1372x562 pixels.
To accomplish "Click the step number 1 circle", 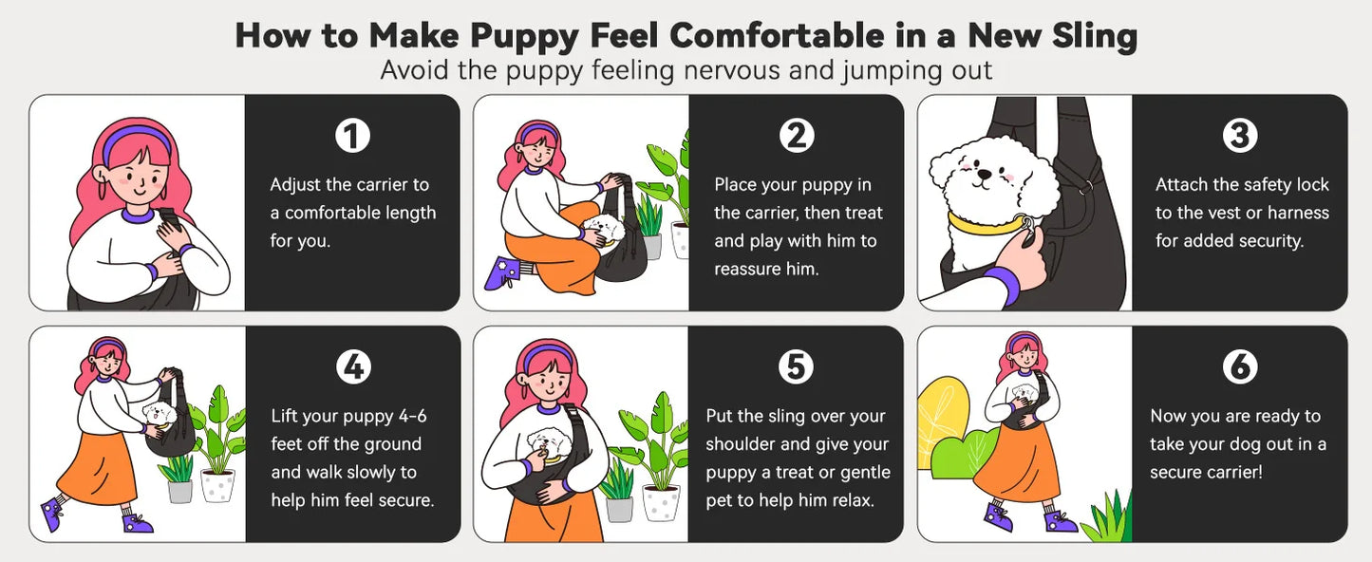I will [352, 136].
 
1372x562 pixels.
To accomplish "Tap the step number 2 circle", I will [796, 136].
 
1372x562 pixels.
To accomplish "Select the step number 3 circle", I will [1239, 136].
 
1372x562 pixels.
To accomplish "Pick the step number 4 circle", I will [352, 367].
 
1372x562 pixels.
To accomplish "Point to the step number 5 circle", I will [796, 367].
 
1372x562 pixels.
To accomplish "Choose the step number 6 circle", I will [1239, 367].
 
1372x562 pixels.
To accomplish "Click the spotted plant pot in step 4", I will [217, 485].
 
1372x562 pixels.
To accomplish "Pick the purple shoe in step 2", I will [499, 272].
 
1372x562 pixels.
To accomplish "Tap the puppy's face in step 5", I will [548, 443].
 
